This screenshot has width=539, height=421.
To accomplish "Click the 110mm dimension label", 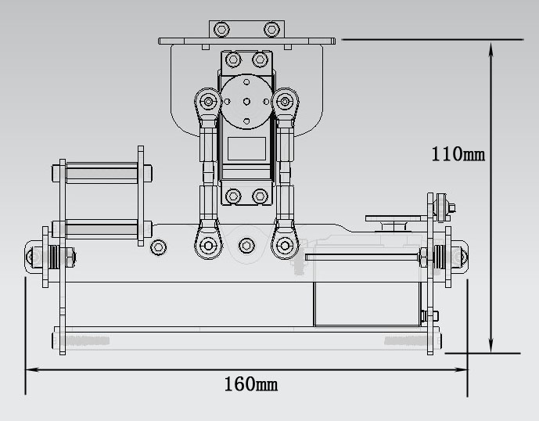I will pos(458,154).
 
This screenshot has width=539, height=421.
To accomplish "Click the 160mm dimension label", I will pos(250,384).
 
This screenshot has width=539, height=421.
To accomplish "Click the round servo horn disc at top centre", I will pos(246,101).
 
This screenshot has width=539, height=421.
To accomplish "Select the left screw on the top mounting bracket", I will pos(222,29).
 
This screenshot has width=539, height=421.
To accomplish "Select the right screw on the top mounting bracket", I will pos(271,29).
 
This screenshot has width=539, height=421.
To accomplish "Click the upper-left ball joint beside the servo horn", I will pos(208,101).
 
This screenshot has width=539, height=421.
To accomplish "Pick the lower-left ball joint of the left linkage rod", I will pos(208,244).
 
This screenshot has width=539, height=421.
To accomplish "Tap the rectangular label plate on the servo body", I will pos(246,149).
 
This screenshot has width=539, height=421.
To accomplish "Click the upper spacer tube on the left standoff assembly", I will pos(102,171).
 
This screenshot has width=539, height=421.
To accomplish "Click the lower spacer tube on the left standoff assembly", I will pos(102,229).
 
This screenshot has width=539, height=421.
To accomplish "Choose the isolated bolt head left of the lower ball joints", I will pos(159,247).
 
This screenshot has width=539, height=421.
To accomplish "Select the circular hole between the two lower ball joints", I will pos(246,246).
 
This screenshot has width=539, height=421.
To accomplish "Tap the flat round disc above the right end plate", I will pos(395,218).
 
